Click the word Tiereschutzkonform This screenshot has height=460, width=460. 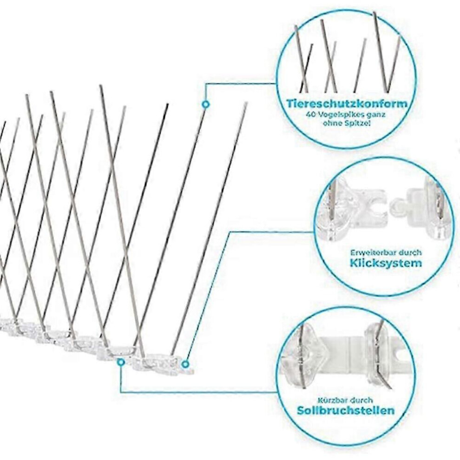pos(347,104)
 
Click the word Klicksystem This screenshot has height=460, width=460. pos(386,263)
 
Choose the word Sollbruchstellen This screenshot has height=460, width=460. pos(346,410)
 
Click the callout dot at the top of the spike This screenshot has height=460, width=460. pos(206,104)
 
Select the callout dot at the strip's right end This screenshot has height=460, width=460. pos(185,364)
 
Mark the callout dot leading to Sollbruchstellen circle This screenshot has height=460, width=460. pos(120,362)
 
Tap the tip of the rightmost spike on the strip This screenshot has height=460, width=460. pos(246,103)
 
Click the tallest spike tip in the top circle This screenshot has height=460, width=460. pos(375,13)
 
